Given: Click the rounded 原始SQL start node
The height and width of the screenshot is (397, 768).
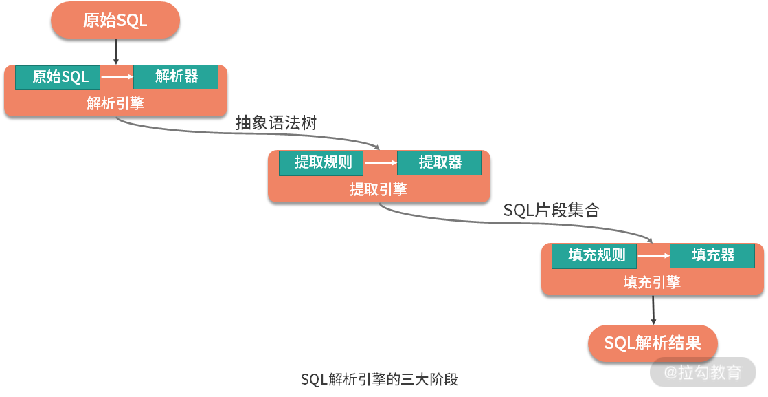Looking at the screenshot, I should pos(115,21).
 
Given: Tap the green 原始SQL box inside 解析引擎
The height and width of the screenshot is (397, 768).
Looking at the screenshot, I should pos(58,77).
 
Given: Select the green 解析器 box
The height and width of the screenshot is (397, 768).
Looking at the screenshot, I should pos(176,76).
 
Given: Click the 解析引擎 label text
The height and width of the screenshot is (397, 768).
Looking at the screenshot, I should pos(115,103).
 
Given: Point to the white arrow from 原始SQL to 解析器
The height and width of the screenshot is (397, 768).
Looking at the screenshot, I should pos(116,77).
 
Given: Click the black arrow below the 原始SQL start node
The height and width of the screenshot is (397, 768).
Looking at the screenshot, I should pos(115,52).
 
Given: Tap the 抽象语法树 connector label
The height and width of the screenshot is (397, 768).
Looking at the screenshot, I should pos(276,123).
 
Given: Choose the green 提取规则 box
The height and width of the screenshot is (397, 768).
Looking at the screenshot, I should pos(321,163).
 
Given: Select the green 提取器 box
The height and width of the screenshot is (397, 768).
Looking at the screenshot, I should pos(440,163).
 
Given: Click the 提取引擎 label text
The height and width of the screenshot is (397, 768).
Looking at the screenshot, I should pos(379,189).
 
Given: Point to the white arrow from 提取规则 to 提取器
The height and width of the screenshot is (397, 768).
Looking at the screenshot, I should pos(381,163).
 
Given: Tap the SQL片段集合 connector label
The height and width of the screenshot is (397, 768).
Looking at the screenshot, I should pos(551,211).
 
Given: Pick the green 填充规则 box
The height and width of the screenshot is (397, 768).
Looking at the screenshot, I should pos(594,256).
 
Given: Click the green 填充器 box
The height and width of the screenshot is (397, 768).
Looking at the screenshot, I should pos(712,256).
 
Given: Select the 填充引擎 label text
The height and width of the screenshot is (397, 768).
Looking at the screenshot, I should pos(652,282).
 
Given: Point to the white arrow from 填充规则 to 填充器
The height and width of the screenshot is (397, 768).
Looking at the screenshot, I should pos(653,256).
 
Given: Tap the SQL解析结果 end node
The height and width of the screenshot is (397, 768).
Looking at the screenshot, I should pos(653,343).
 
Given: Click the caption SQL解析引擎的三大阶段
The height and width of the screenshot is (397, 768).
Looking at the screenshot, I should pos(379,379).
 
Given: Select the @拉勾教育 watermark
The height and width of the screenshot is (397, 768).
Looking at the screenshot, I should pos(703,373).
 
